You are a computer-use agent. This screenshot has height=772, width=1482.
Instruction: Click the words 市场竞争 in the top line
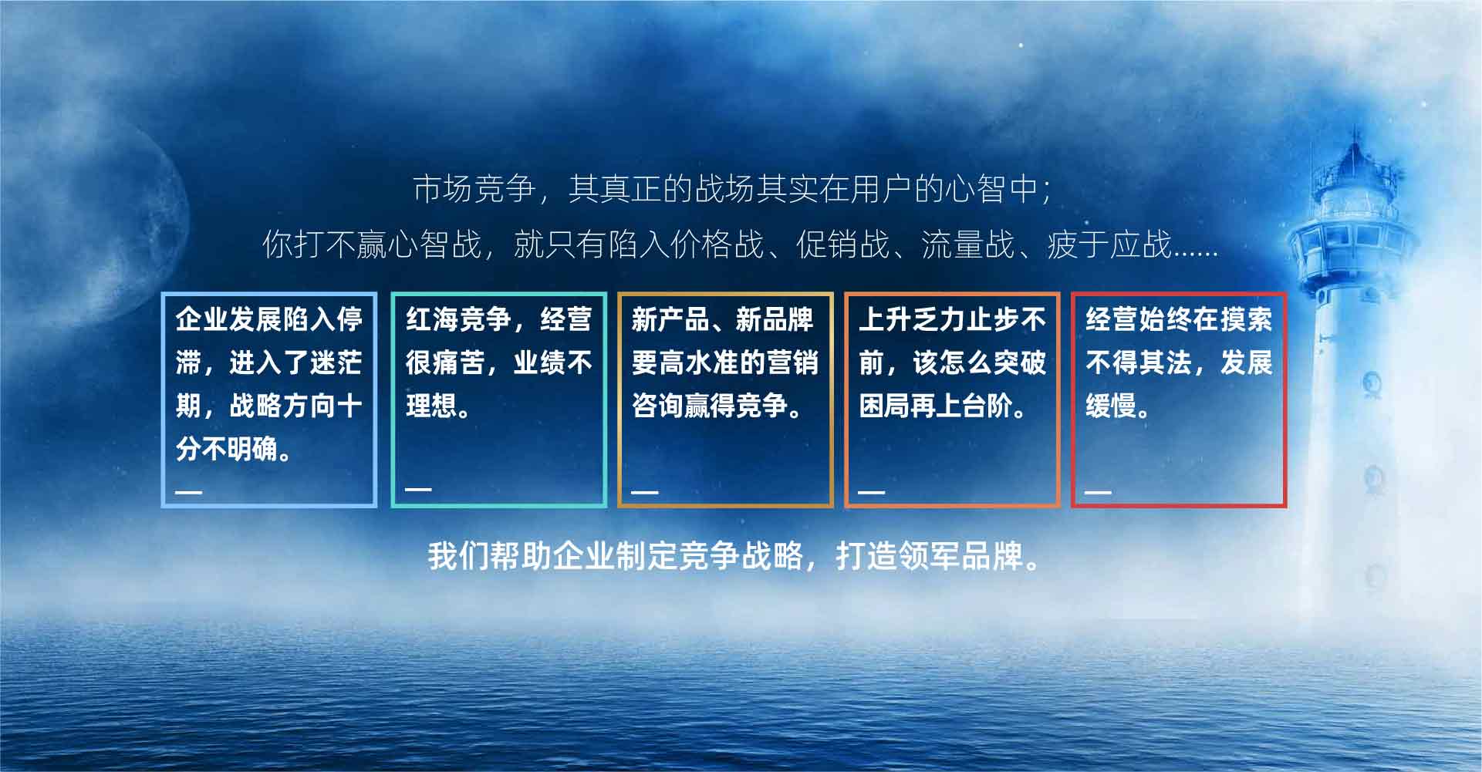[x=474, y=189]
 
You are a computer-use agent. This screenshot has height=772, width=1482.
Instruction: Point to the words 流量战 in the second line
[x=967, y=244]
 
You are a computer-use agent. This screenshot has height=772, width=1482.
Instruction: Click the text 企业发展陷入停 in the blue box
[x=268, y=319]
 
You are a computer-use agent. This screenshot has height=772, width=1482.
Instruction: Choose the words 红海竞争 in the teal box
[x=458, y=319]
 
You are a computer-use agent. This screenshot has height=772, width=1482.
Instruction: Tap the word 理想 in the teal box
[x=432, y=406]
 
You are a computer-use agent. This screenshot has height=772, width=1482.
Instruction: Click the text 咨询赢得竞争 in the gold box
[x=710, y=406]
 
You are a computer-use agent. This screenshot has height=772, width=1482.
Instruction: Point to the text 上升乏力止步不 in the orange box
[x=953, y=319]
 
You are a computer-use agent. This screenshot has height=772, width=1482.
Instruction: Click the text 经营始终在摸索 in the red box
[x=1179, y=319]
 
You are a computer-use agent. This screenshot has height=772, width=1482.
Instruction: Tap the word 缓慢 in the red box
[x=1112, y=406]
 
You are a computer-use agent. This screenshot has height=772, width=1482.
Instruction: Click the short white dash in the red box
[x=1099, y=491]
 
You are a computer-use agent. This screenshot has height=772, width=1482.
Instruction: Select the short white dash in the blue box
[x=189, y=491]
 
